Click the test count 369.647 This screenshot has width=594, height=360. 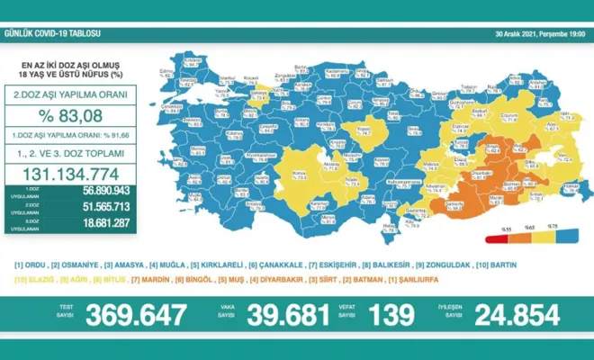click(137, 315)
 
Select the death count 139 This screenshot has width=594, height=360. click(391, 315)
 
